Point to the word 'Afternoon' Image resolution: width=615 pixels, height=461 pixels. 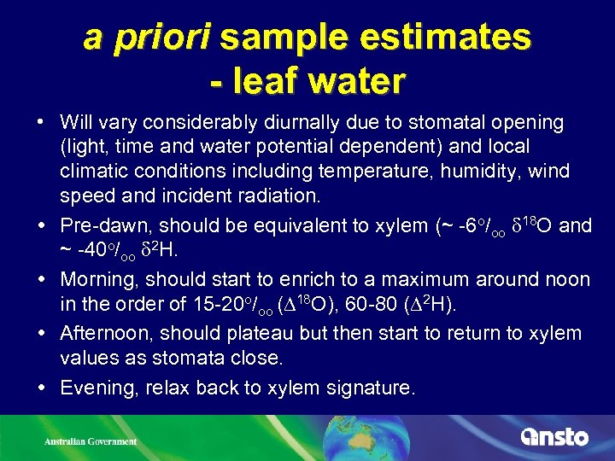[108, 334]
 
